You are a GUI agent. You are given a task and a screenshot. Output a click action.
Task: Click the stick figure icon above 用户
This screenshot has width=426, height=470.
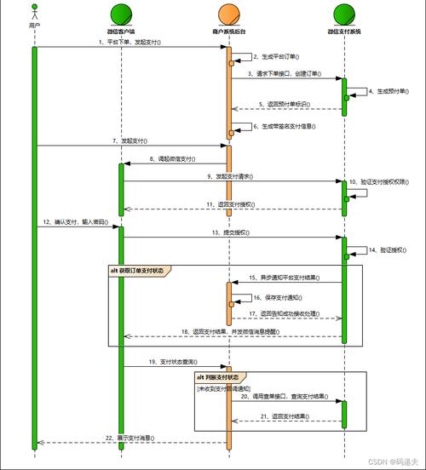[x=34, y=13]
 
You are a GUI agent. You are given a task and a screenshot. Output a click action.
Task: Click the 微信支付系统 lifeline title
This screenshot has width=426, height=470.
[x=343, y=32]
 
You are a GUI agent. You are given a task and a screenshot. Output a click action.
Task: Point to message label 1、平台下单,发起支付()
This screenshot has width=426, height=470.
[x=130, y=41]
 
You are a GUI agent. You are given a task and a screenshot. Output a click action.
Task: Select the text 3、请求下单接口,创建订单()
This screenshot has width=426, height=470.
[x=285, y=73]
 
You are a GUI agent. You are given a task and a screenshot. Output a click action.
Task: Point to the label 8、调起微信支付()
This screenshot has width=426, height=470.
[x=176, y=158]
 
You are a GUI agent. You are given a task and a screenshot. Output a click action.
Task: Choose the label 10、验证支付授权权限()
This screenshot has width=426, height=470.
[x=388, y=182]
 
